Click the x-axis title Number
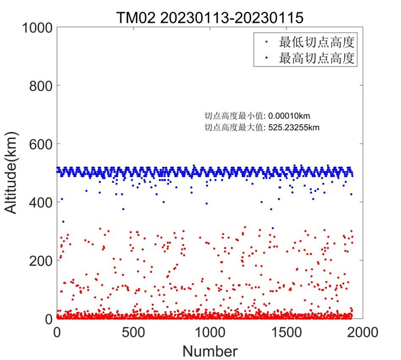click(x=210, y=350)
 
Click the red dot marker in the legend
click(x=267, y=42)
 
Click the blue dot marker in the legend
click(x=267, y=57)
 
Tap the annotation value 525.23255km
click(x=294, y=127)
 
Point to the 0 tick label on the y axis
click(x=47, y=319)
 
